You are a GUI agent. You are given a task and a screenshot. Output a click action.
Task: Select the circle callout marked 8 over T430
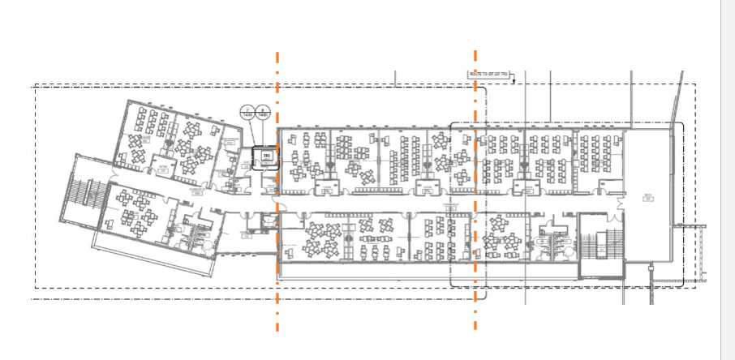(x=263, y=113)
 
